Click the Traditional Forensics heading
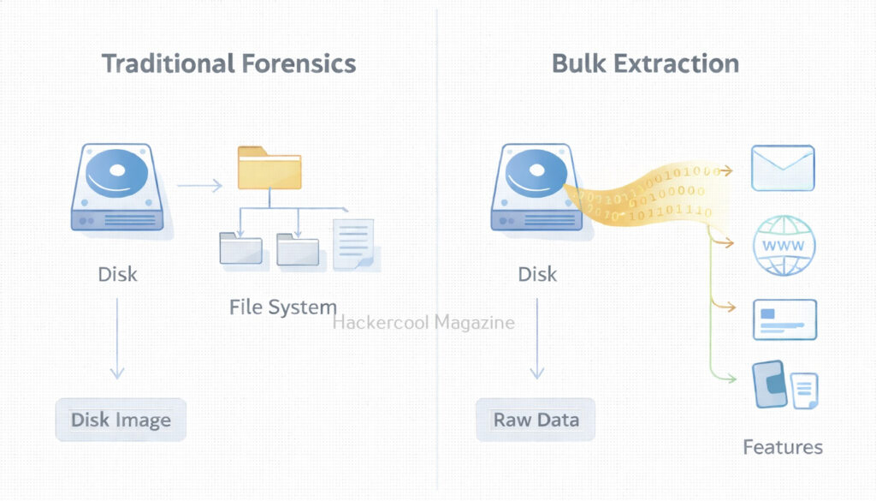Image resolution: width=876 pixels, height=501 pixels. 228,63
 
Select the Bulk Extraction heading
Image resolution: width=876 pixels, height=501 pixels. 645,63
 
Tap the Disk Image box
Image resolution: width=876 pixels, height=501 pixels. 121,420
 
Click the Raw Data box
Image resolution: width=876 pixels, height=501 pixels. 536,420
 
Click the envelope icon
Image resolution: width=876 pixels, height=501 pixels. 782,168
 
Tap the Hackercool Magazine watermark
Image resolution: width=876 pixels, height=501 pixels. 423,323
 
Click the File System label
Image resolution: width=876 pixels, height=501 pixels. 282,307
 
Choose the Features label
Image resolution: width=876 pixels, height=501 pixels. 782,446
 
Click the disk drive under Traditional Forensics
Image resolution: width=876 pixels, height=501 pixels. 118,188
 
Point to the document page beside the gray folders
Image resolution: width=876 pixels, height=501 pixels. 354,244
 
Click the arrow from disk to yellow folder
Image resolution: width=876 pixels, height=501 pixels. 198,184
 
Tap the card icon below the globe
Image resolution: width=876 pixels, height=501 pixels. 784,319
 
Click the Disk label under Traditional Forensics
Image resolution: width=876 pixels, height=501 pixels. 118,275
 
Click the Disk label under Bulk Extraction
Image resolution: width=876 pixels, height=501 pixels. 537,275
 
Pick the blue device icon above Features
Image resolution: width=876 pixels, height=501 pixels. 770,383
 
